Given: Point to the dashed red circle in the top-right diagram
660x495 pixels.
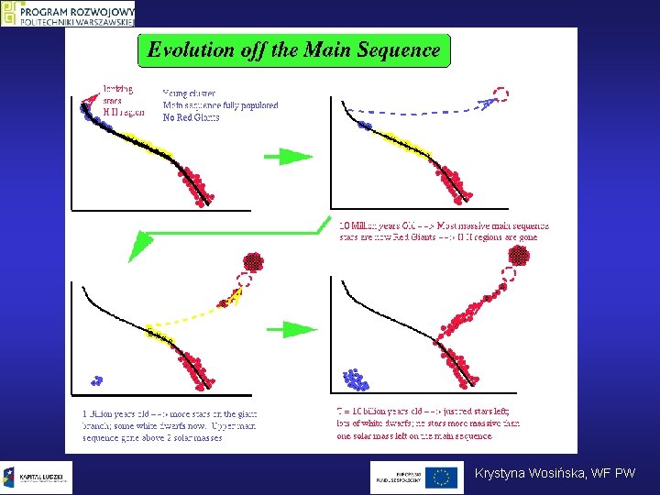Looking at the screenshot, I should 501,93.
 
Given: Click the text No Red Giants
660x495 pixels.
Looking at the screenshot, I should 191,117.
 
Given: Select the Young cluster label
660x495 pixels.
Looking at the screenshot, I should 187,93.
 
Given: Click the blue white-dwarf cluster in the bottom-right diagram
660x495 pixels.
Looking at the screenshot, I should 354,379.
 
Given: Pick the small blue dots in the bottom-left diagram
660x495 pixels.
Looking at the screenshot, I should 94,379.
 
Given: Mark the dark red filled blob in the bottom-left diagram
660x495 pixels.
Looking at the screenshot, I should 253,262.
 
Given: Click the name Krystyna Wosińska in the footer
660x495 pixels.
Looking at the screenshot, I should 525,473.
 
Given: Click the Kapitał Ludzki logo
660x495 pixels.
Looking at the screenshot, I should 37,477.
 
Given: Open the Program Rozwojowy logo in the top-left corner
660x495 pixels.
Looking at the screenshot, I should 69,13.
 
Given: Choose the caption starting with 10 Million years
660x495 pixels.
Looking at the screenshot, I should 444,230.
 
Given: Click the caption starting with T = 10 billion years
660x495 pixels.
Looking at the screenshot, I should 429,423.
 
